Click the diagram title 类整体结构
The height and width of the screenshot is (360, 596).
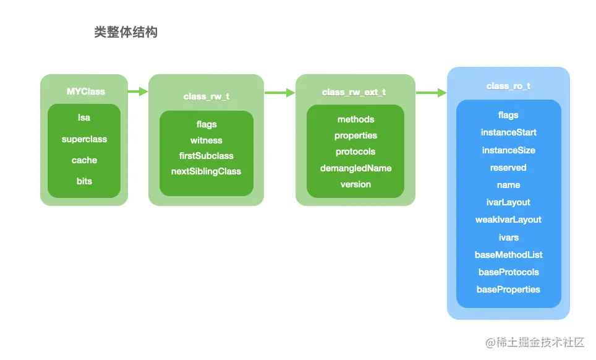[126, 33]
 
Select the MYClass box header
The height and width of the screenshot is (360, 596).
[86, 92]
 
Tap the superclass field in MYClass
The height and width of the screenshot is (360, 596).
[84, 139]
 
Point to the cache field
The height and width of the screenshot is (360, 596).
[84, 160]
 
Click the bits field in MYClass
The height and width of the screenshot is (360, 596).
[84, 181]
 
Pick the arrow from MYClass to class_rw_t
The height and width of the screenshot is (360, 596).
[138, 92]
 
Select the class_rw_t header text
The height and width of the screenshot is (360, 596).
[206, 96]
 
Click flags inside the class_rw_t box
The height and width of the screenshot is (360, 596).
[206, 124]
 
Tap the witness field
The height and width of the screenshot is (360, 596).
[206, 140]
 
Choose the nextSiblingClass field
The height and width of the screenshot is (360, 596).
[206, 171]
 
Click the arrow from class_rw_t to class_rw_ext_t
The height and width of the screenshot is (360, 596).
[279, 93]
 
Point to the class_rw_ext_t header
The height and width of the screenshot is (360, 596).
[354, 92]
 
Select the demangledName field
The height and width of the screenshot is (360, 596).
[355, 168]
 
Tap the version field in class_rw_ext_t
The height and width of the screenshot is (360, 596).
[355, 184]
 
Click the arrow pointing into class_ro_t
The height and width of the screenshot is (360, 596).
[431, 93]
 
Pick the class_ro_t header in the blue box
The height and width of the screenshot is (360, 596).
[508, 87]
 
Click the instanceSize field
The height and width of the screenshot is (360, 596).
[508, 150]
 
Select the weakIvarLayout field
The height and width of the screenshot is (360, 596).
[508, 220]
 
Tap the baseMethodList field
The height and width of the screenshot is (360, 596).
[508, 255]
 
